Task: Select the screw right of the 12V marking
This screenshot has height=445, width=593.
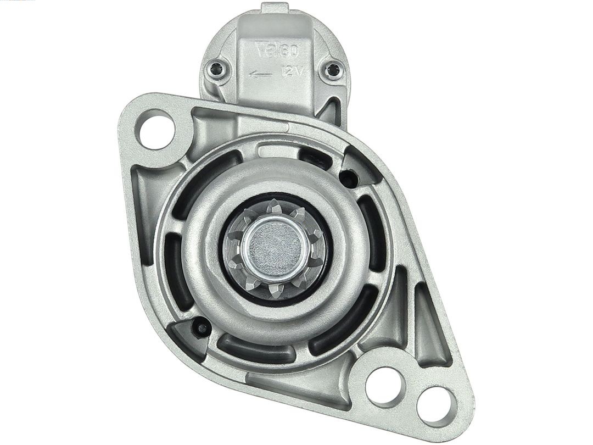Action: (x=333, y=70)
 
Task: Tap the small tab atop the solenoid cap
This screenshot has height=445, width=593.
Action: (x=275, y=8)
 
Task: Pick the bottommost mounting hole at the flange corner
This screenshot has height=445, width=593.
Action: (x=436, y=406)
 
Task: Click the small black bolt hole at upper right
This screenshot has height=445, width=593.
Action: (x=347, y=177)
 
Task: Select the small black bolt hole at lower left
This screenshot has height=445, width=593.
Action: (x=202, y=329)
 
